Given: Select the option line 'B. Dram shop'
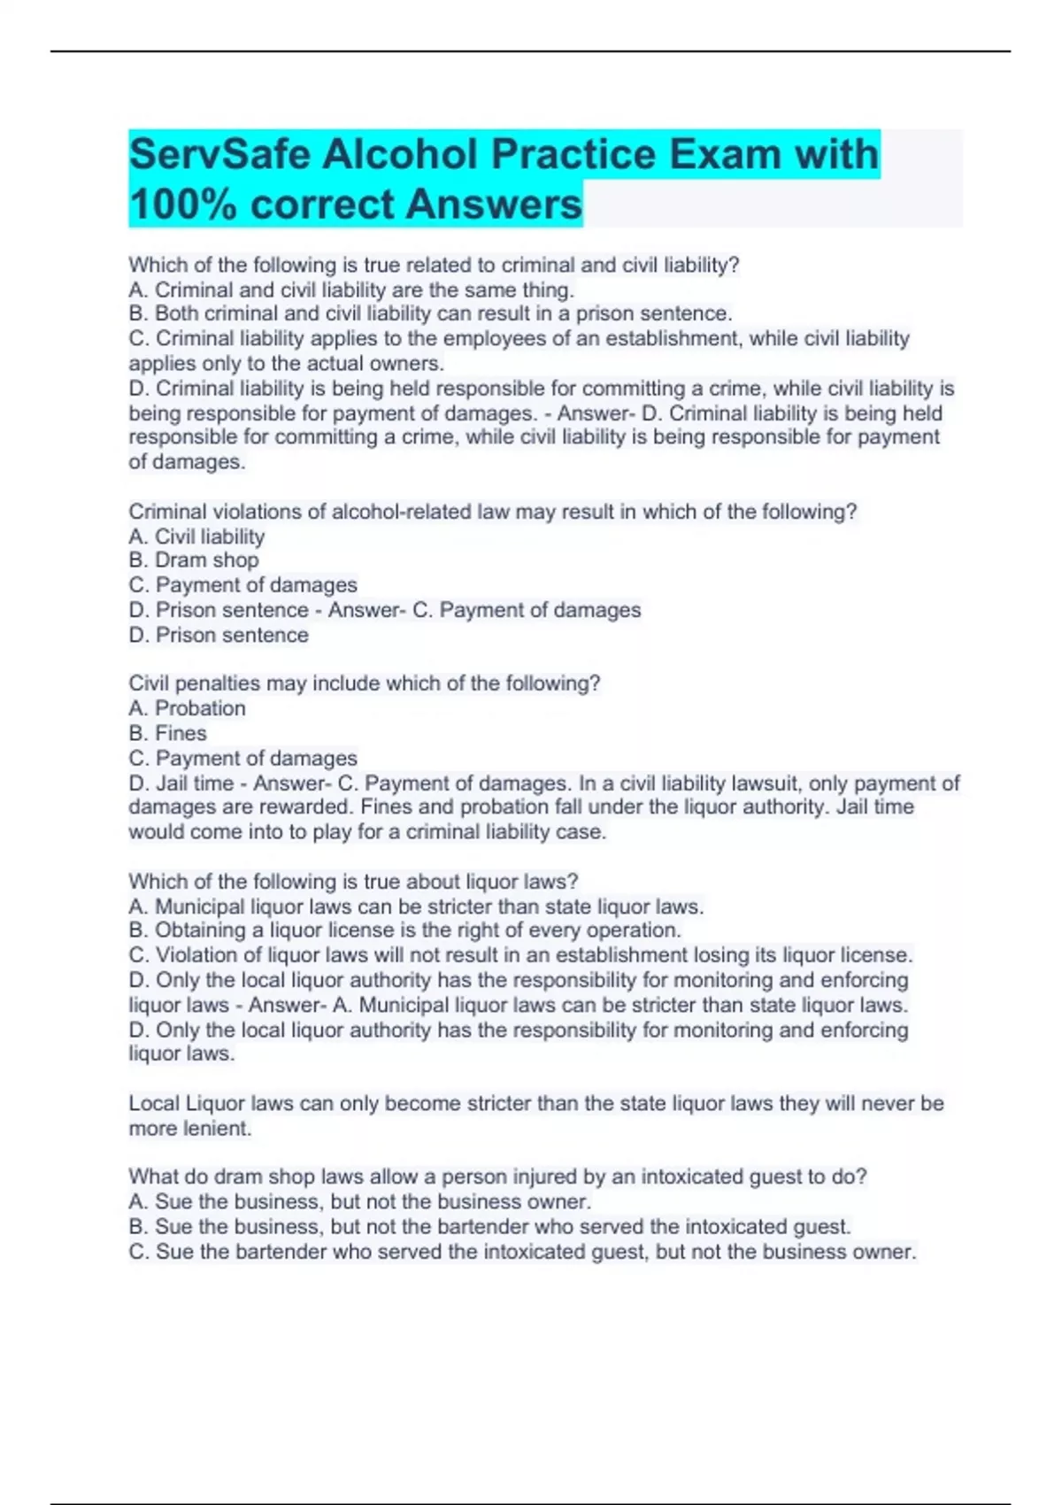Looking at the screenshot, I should point(194,560).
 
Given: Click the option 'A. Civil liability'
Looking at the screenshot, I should point(196,536).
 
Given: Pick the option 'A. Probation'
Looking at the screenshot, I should point(187,708).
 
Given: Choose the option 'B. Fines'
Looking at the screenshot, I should point(167,733).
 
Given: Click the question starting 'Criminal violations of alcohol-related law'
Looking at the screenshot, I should point(492,512).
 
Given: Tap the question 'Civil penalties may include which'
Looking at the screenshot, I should point(364,683).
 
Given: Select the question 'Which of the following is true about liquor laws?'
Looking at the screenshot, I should point(353,882).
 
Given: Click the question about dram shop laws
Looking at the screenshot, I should point(497,1177).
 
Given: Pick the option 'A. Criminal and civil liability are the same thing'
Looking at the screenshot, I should point(351,289).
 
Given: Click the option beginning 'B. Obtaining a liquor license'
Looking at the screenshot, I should point(404,930).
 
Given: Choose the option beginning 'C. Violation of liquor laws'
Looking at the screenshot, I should point(520,955).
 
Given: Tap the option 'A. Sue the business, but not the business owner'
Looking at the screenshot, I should point(359,1201).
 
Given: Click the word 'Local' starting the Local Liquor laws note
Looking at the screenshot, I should point(153,1104).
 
